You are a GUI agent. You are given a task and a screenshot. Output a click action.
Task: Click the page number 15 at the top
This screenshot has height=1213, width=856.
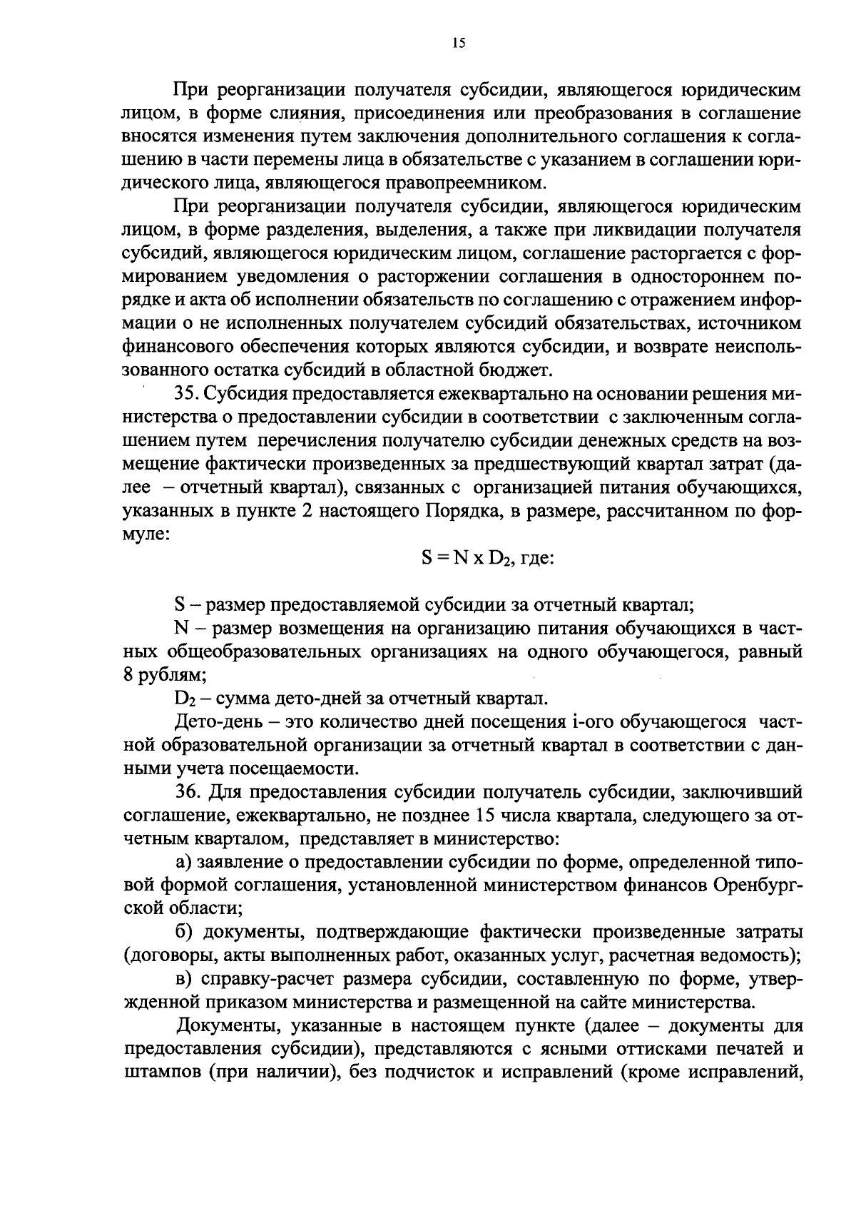(458, 44)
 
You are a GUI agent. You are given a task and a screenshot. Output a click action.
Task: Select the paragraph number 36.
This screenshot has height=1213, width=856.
(188, 793)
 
